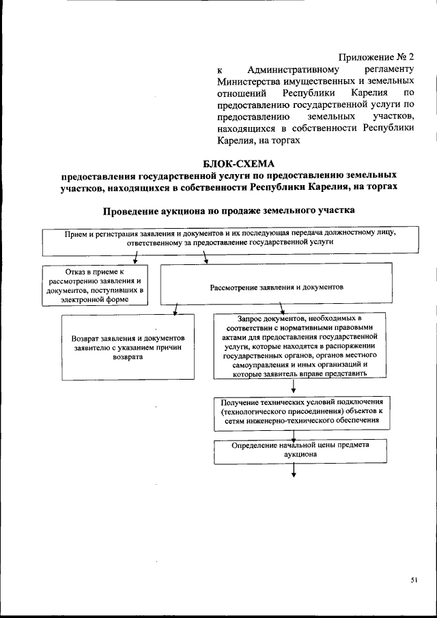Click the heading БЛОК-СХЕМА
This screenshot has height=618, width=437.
(x=238, y=163)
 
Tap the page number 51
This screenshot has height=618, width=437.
(x=414, y=580)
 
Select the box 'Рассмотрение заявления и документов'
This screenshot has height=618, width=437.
(x=276, y=287)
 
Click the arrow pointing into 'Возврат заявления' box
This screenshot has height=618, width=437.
(x=175, y=308)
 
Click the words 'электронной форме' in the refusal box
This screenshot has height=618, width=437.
(x=94, y=298)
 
